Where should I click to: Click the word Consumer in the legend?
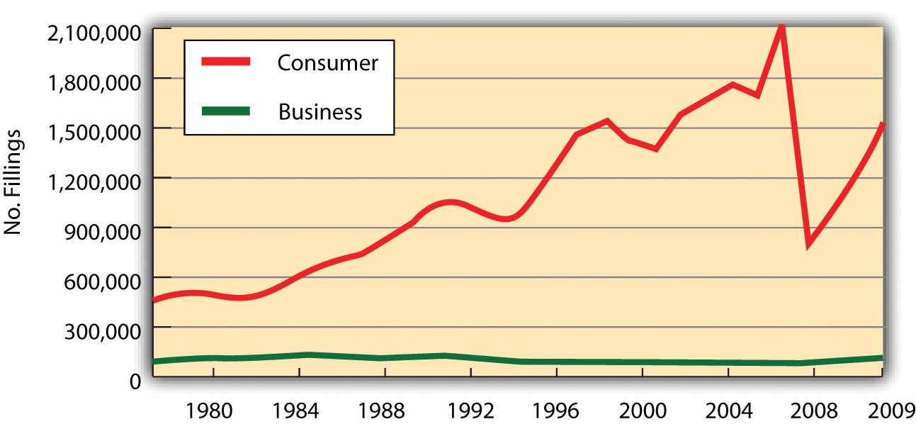[327, 63]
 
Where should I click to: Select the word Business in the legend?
[320, 112]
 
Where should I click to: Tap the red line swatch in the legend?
[226, 62]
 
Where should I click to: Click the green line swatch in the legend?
[226, 111]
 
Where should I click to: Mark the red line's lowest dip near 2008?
[808, 244]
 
